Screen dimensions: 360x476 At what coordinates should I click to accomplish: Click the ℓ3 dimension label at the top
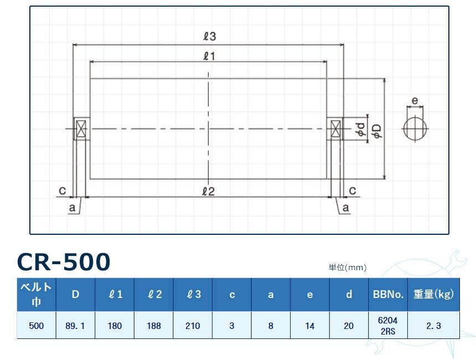click(x=209, y=37)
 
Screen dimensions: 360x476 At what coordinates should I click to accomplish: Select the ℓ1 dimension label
click(x=209, y=55)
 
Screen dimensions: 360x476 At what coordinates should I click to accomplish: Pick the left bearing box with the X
click(x=81, y=129)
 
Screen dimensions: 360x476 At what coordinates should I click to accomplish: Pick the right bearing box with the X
click(x=335, y=129)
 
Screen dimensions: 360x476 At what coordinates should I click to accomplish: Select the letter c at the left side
click(x=63, y=191)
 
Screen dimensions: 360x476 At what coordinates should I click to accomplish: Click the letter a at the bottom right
click(x=346, y=208)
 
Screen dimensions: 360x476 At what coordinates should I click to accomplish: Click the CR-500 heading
click(x=64, y=261)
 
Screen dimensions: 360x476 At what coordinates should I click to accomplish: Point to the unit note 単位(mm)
click(x=348, y=268)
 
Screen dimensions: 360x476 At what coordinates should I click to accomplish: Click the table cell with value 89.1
click(x=75, y=326)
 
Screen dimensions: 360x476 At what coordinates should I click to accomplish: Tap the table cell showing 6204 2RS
click(x=387, y=326)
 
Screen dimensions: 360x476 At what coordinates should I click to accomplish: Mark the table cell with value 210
click(x=193, y=326)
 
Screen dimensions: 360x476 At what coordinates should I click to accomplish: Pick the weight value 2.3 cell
click(x=433, y=326)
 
